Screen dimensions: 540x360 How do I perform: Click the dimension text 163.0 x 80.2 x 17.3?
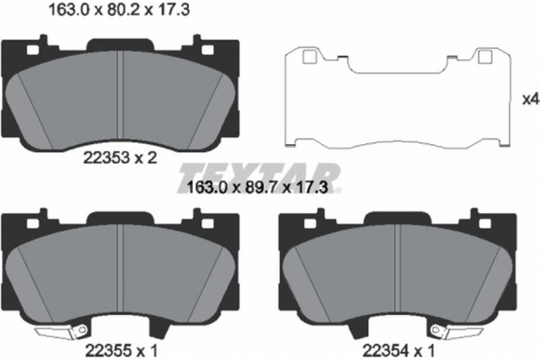tap(119, 10)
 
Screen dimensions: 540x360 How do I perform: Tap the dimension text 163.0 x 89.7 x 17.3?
tap(256, 188)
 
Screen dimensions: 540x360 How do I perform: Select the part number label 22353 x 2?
tap(120, 158)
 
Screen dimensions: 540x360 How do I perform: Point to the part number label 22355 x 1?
tap(121, 351)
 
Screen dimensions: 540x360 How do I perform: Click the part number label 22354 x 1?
tap(399, 351)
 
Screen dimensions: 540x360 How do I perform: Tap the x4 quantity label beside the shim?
tap(531, 100)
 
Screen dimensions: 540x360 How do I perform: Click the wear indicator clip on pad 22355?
tap(61, 332)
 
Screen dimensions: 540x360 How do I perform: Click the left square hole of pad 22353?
tap(32, 50)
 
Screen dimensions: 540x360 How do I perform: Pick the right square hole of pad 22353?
tap(207, 50)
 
